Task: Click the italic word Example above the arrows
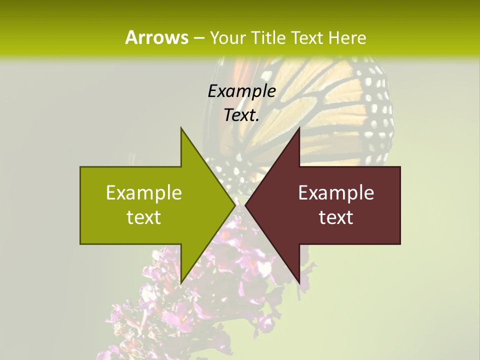[242, 91]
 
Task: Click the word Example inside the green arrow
[144, 193]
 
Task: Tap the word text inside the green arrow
[144, 217]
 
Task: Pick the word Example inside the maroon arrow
[336, 193]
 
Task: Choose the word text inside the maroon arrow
[336, 217]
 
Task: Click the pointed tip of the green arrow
[234, 205]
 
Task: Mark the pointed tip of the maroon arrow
[246, 205]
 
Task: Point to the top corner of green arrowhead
[181, 128]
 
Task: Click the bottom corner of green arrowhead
[181, 282]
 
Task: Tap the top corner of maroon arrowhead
[299, 128]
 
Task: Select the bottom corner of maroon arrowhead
[299, 282]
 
